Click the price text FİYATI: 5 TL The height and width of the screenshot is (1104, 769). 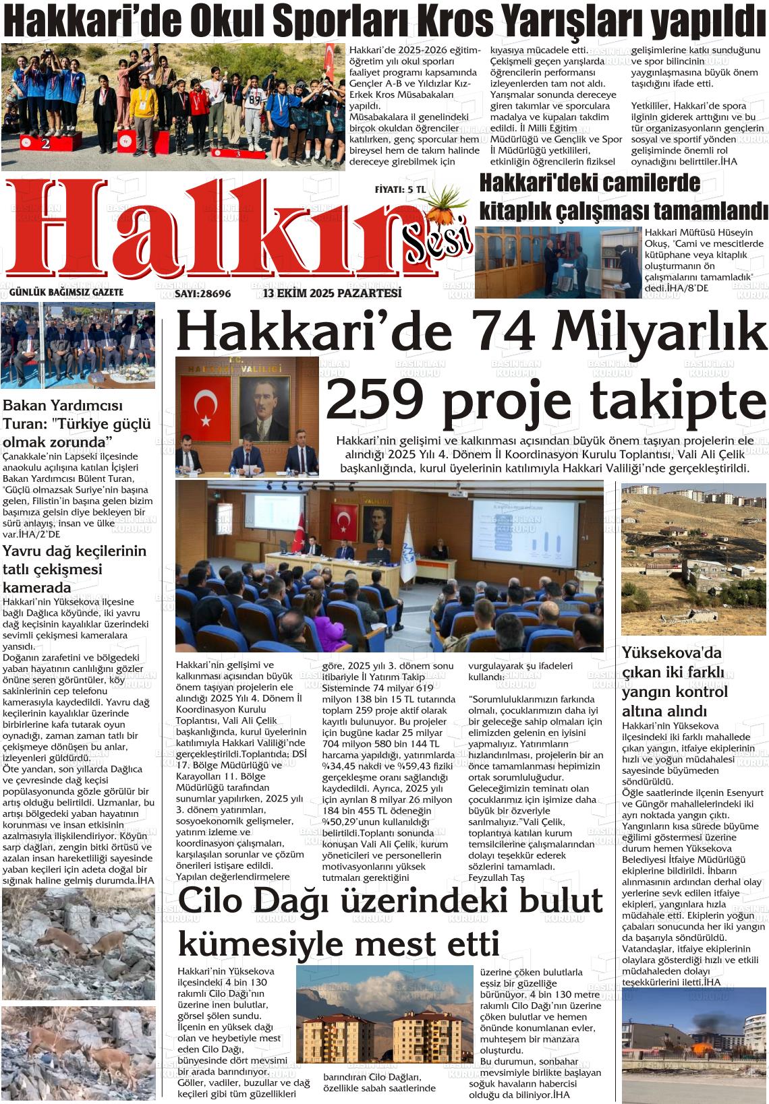point(399,190)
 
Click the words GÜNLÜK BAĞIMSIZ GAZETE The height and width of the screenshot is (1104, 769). point(66,293)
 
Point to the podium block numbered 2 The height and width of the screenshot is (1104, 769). point(45,144)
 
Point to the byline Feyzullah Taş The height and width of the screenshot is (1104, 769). point(496,878)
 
